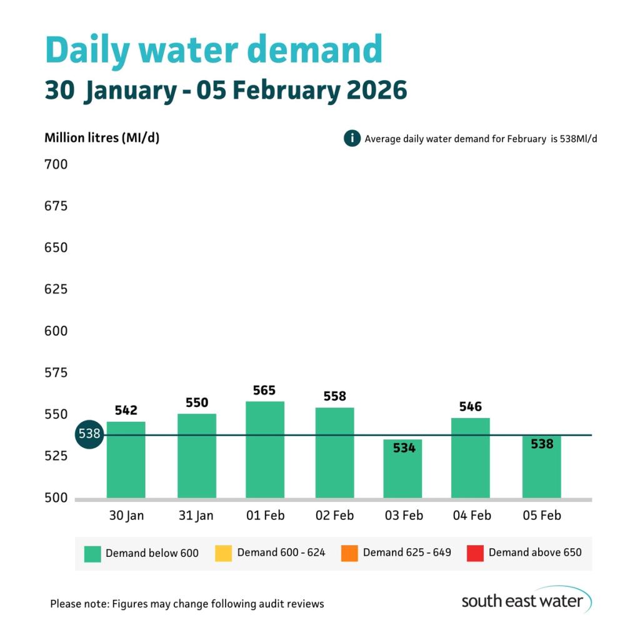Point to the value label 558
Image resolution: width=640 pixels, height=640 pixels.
pos(334,396)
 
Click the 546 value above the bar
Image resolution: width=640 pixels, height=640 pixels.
pos(470,407)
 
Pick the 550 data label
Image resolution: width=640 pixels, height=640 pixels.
pos(197,402)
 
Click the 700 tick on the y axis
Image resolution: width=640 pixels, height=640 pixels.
pos(56,165)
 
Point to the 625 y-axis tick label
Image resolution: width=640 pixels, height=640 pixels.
pos(56,289)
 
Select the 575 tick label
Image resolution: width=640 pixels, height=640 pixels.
pos(56,373)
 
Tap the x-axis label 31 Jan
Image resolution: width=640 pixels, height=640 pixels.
pos(196,516)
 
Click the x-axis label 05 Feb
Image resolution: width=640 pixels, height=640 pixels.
pos(541,516)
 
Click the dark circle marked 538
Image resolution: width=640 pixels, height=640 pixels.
pos(89,434)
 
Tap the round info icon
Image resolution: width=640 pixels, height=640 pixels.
pos(352,138)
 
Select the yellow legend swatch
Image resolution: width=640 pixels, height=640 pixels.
pos(223,553)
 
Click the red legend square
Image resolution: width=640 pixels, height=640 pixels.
pos(475,553)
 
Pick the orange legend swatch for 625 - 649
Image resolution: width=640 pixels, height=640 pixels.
pos(349,553)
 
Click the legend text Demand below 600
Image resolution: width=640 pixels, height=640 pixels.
pos(152,553)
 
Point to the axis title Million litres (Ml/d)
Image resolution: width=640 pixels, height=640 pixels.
pos(102,137)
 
